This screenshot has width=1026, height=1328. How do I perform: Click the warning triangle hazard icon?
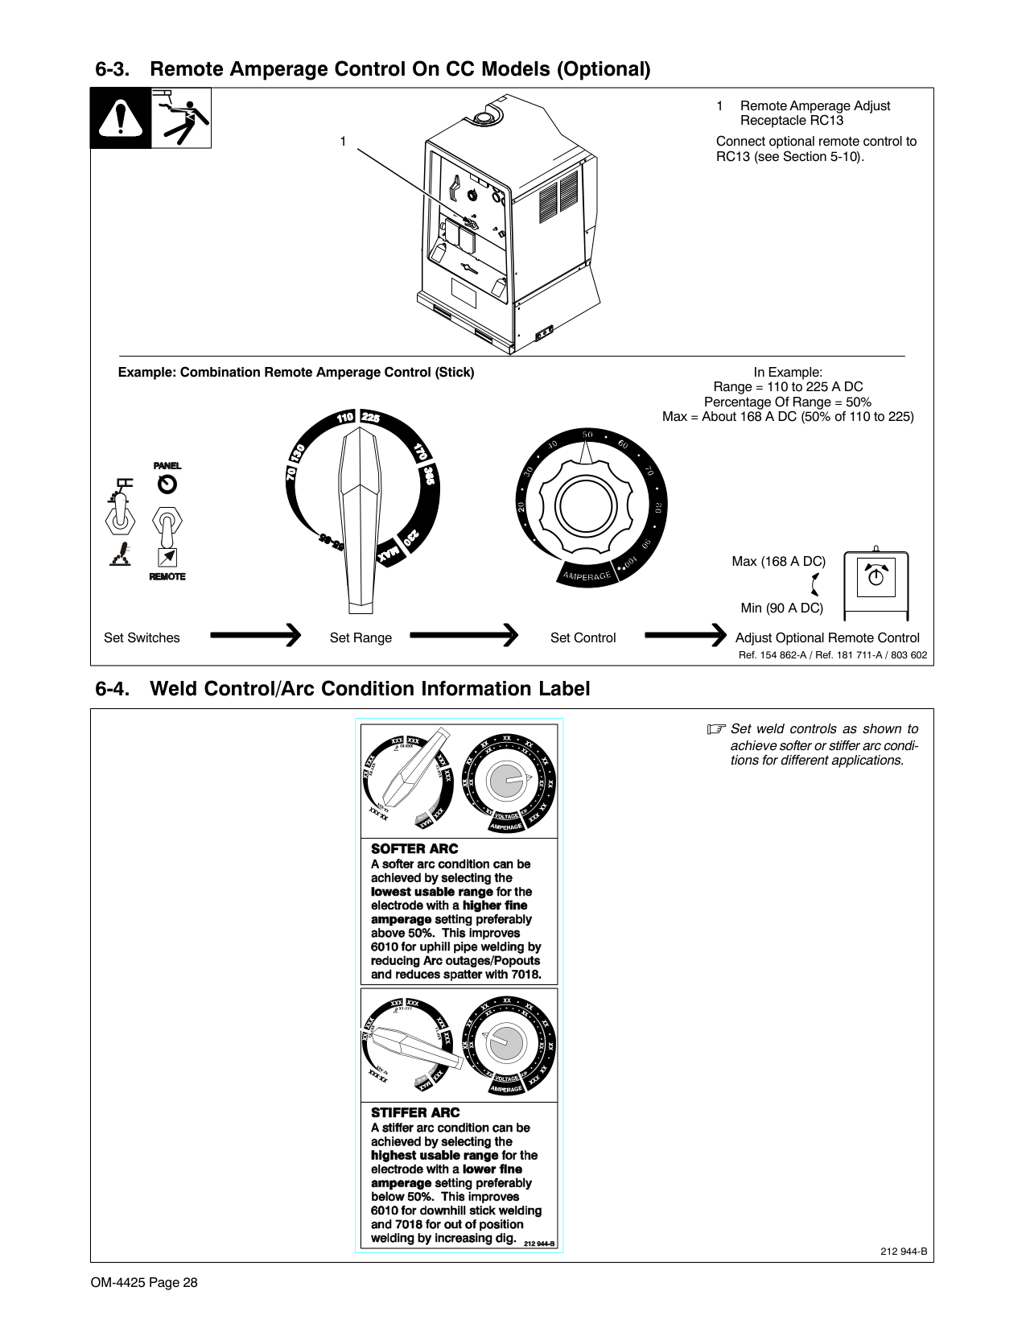(x=121, y=118)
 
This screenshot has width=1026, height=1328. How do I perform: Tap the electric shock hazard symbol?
(x=182, y=118)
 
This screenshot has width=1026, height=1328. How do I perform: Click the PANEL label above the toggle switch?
(x=167, y=466)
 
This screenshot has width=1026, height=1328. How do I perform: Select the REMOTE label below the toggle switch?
(x=167, y=576)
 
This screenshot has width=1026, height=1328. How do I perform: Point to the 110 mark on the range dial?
(x=345, y=418)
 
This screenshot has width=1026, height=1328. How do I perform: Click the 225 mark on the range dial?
(x=370, y=418)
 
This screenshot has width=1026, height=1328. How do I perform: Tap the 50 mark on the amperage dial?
(x=587, y=435)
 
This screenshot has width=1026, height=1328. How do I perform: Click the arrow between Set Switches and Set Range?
(x=255, y=637)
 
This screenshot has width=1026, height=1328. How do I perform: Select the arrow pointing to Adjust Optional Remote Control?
(x=686, y=637)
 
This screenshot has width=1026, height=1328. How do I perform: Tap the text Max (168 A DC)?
(x=778, y=561)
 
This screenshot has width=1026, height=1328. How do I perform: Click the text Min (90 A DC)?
(x=781, y=608)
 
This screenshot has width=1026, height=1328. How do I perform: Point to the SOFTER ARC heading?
(x=414, y=848)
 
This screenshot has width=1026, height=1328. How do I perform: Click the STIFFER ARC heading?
(x=415, y=1112)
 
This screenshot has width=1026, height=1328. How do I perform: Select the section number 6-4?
(x=113, y=689)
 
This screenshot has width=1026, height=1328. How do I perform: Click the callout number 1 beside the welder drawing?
(x=342, y=142)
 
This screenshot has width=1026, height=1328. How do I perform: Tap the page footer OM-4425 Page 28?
(x=144, y=1282)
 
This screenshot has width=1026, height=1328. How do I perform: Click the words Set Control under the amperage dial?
(x=583, y=637)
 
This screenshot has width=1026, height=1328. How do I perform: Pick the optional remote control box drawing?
(x=876, y=585)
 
